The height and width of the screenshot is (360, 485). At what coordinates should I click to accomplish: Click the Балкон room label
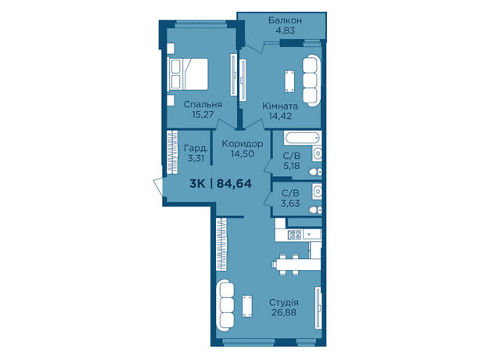[x=285, y=20]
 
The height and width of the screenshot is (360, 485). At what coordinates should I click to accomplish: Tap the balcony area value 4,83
[x=285, y=31]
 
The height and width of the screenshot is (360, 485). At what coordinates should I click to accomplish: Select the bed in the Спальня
[x=188, y=74]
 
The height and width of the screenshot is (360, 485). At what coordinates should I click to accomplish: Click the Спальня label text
[x=203, y=104]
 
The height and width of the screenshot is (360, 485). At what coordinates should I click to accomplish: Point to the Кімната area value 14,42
[x=280, y=116]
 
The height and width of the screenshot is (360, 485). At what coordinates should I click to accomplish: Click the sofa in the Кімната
[x=311, y=81]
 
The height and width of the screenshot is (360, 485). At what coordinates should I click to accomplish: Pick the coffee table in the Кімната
[x=289, y=81]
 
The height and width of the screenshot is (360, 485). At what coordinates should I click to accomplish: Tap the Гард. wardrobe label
[x=196, y=148]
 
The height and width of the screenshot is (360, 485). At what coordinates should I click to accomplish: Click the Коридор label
[x=242, y=144]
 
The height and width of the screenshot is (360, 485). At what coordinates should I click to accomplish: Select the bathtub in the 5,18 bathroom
[x=302, y=138]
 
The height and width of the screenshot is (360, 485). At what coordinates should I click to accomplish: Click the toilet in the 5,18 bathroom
[x=315, y=172]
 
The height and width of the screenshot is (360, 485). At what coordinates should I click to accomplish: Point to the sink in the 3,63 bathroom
[x=317, y=191]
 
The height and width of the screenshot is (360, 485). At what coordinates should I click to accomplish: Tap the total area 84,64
[x=234, y=184]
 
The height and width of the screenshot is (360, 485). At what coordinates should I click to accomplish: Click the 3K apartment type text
[x=197, y=184]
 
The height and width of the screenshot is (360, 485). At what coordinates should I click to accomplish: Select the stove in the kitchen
[x=294, y=235]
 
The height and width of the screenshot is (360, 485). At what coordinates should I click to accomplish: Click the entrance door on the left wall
[x=158, y=187]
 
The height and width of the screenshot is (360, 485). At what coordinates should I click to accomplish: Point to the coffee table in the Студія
[x=247, y=306]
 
